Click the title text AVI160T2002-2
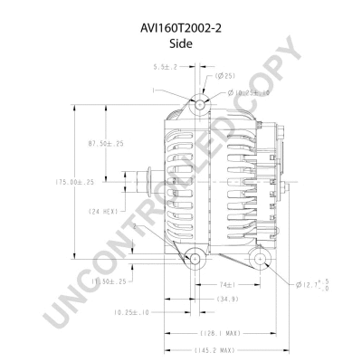181,28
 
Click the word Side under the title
181,43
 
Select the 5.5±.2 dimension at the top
165,67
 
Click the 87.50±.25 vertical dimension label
106,144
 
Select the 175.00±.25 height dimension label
75,182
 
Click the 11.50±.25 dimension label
115,282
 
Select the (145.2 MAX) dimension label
214,349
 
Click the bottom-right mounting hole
260,260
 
